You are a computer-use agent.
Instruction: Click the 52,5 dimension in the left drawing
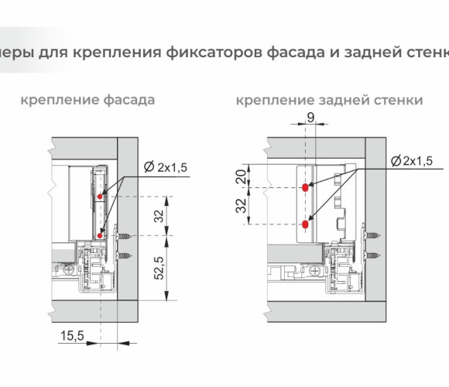click(x=159, y=268)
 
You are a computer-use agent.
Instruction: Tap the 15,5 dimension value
click(x=72, y=335)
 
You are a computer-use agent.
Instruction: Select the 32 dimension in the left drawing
click(x=159, y=216)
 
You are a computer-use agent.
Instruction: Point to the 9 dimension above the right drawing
click(x=310, y=118)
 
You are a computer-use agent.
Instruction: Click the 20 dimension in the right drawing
click(x=241, y=177)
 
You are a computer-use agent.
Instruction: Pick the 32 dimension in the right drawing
click(x=241, y=206)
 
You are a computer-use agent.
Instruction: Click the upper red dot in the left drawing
click(x=100, y=197)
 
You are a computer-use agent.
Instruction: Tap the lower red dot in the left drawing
click(x=100, y=235)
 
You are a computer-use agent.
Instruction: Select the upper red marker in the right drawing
click(x=305, y=187)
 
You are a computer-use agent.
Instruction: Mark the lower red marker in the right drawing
click(x=305, y=224)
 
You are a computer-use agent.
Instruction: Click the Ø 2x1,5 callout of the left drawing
click(x=166, y=167)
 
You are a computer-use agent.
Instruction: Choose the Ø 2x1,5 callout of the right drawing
click(x=412, y=161)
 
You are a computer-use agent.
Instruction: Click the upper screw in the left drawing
click(x=125, y=236)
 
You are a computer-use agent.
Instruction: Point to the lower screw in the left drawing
click(x=125, y=255)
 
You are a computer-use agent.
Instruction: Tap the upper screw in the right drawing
click(x=372, y=236)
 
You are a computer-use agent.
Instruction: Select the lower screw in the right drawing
click(x=372, y=255)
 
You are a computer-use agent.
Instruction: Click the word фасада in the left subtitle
click(x=129, y=101)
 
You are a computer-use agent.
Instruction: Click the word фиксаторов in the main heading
click(x=214, y=53)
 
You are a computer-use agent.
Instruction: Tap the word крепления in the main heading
click(x=117, y=53)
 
